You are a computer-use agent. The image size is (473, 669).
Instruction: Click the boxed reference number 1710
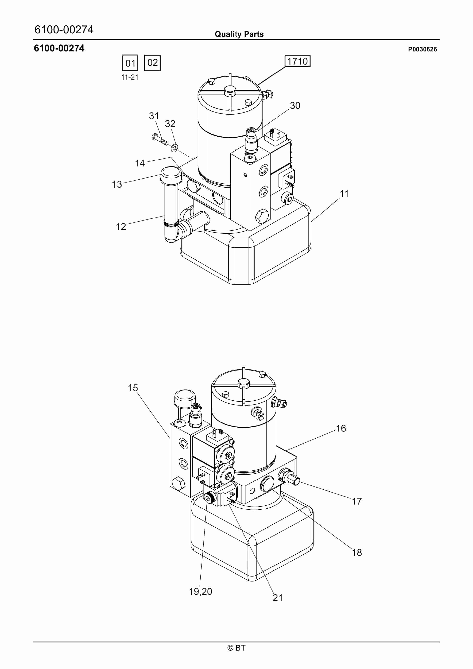click(x=298, y=61)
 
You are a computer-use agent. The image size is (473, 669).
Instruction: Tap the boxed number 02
click(x=152, y=63)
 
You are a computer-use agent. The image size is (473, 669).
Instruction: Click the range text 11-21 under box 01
click(x=130, y=77)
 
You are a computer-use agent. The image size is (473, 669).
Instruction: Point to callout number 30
click(x=295, y=105)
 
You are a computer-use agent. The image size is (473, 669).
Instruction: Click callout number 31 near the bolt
click(x=154, y=116)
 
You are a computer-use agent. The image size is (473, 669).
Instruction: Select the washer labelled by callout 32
click(x=174, y=148)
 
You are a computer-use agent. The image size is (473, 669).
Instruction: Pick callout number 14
click(x=140, y=163)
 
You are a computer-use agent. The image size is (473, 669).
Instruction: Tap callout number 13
click(x=117, y=184)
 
